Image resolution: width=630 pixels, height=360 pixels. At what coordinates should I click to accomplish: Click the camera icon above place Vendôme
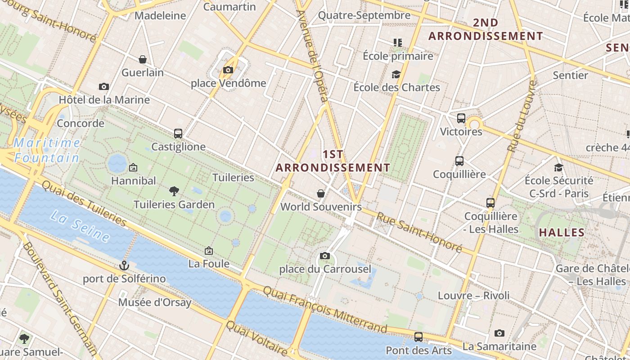(x=228, y=70)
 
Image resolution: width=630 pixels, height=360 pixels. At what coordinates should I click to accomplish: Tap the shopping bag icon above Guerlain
(x=143, y=59)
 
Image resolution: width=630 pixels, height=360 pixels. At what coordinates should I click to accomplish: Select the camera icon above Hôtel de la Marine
(x=104, y=86)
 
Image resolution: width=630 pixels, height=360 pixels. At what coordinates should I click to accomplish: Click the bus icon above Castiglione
(x=178, y=134)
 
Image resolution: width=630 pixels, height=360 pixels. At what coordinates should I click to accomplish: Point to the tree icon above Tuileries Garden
(x=174, y=191)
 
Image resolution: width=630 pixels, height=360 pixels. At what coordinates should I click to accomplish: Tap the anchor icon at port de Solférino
(x=124, y=265)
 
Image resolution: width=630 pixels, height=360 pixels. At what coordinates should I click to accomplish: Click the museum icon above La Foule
(x=209, y=251)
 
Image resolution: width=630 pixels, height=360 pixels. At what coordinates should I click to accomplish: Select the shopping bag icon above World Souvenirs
(x=321, y=193)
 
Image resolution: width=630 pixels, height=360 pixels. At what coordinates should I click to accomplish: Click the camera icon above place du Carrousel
(x=325, y=256)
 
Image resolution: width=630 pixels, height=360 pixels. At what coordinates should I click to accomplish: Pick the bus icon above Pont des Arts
(x=418, y=337)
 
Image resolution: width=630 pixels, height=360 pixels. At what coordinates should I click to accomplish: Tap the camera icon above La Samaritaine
(x=499, y=333)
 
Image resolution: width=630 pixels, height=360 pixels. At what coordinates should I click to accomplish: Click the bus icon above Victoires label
(x=461, y=118)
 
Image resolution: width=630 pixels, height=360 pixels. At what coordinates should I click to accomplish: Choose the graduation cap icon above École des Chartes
(x=396, y=74)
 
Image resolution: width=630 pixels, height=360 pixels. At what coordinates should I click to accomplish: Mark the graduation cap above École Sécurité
(x=558, y=167)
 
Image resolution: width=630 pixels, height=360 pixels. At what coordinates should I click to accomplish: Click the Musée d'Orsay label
(x=155, y=302)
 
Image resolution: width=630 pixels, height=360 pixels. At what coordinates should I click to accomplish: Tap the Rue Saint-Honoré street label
(x=419, y=232)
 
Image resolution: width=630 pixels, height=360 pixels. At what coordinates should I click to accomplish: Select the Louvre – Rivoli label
(x=474, y=296)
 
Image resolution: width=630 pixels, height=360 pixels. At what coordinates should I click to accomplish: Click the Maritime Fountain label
(x=47, y=150)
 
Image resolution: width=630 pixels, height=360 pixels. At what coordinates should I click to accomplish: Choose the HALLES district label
(x=562, y=233)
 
